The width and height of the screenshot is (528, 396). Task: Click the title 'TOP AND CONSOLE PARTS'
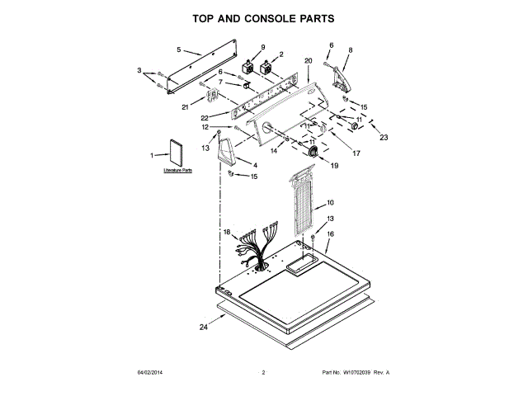263,17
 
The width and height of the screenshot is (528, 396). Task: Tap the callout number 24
204,328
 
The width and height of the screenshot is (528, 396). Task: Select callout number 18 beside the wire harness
226,233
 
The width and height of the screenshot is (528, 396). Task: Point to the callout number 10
330,202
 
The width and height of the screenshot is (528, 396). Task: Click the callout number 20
308,61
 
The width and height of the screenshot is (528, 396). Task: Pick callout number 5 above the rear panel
178,50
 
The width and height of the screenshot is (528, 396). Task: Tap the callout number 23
383,138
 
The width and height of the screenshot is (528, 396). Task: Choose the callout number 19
334,166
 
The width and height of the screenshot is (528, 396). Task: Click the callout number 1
152,155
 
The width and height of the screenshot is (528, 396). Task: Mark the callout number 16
330,234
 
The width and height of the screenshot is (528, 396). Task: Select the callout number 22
204,117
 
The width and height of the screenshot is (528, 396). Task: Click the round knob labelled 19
314,152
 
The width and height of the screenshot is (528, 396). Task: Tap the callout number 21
186,107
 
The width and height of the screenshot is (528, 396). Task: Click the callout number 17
356,153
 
